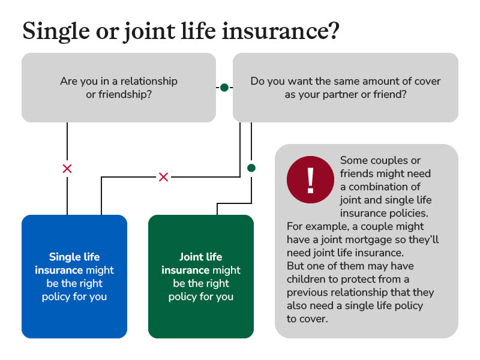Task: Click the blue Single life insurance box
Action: (74, 276)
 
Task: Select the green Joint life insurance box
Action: (200, 276)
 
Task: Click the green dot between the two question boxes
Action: (224, 88)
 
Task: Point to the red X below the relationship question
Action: (67, 169)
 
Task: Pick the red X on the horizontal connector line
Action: (163, 177)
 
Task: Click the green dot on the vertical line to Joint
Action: (251, 167)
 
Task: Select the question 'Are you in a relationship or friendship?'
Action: (119, 88)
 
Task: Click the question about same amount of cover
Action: (345, 88)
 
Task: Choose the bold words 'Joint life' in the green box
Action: (200, 257)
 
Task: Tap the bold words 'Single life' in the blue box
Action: (74, 257)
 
